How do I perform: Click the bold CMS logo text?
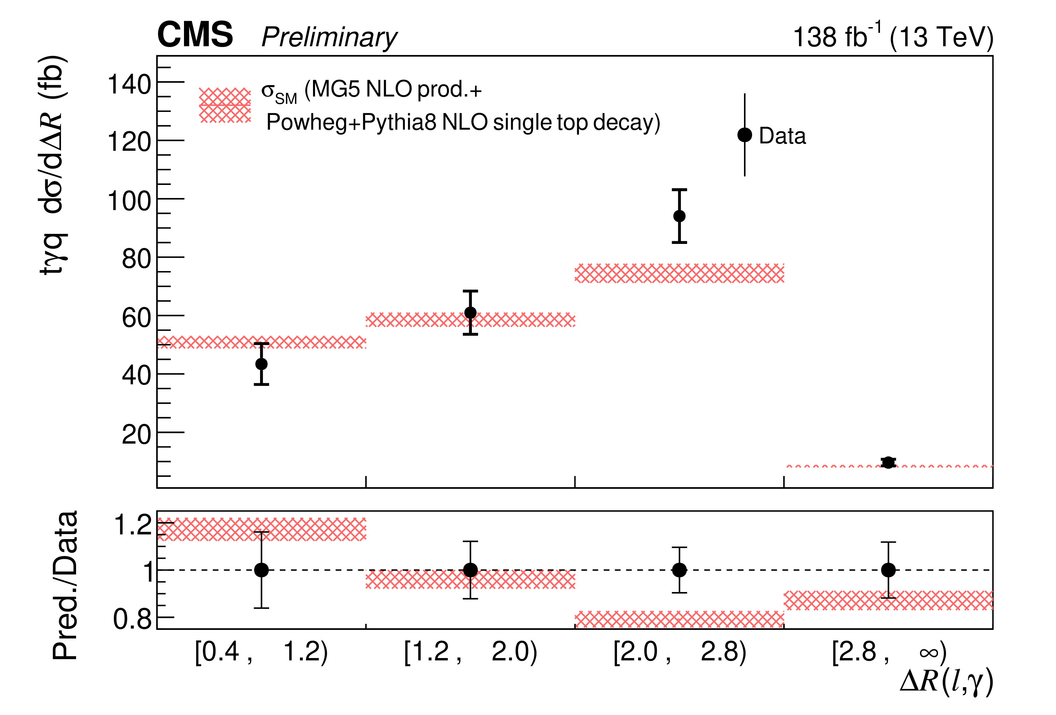[x=195, y=35]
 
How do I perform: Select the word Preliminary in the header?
[x=329, y=37]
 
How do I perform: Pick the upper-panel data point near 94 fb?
[x=679, y=216]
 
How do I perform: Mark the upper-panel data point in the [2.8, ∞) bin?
[x=888, y=462]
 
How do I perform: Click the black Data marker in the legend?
[x=745, y=135]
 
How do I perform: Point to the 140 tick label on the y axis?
[x=129, y=85]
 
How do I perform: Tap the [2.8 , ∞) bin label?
[x=889, y=652]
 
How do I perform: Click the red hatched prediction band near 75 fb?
[x=679, y=273]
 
